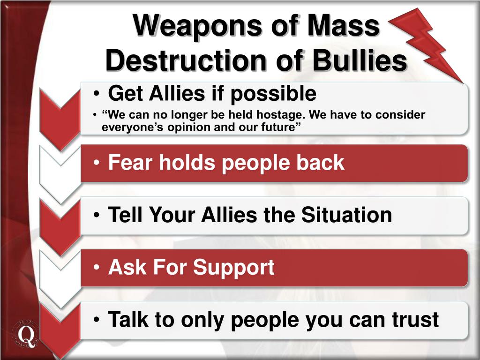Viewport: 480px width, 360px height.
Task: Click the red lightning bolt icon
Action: pyautogui.click(x=425, y=45)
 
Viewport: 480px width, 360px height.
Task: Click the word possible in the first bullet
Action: pyautogui.click(x=273, y=94)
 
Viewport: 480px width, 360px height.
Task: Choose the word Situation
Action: pyautogui.click(x=346, y=215)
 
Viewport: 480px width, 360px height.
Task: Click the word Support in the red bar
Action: pyautogui.click(x=233, y=268)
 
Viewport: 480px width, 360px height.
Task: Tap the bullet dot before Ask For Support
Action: pyautogui.click(x=97, y=267)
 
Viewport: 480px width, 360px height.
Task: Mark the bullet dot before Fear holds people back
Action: pyautogui.click(x=97, y=163)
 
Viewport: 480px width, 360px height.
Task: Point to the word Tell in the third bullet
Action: pyautogui.click(x=126, y=215)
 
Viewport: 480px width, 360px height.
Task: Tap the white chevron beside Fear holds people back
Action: pyautogui.click(x=60, y=174)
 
